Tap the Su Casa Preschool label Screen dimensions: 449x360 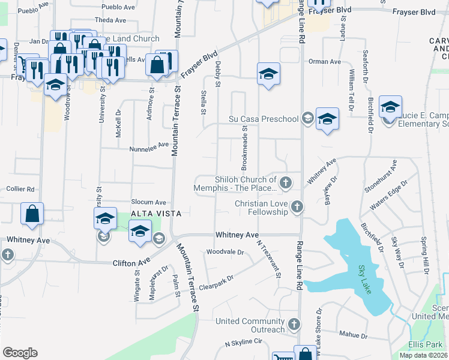click(x=264, y=119)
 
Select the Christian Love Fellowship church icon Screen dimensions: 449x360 click(x=296, y=208)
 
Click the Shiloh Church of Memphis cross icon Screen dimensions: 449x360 click(x=286, y=182)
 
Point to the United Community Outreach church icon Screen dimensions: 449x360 click(x=294, y=325)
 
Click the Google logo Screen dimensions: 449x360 click(x=20, y=352)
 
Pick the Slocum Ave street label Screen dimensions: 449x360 click(x=148, y=202)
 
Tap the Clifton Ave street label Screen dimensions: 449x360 click(x=131, y=263)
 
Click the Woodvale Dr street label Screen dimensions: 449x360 click(x=224, y=253)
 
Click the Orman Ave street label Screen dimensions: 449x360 click(x=324, y=62)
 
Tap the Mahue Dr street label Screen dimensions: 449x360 click(x=352, y=334)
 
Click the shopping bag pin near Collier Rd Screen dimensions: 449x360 click(x=32, y=214)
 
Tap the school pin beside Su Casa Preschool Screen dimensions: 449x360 click(x=327, y=119)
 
